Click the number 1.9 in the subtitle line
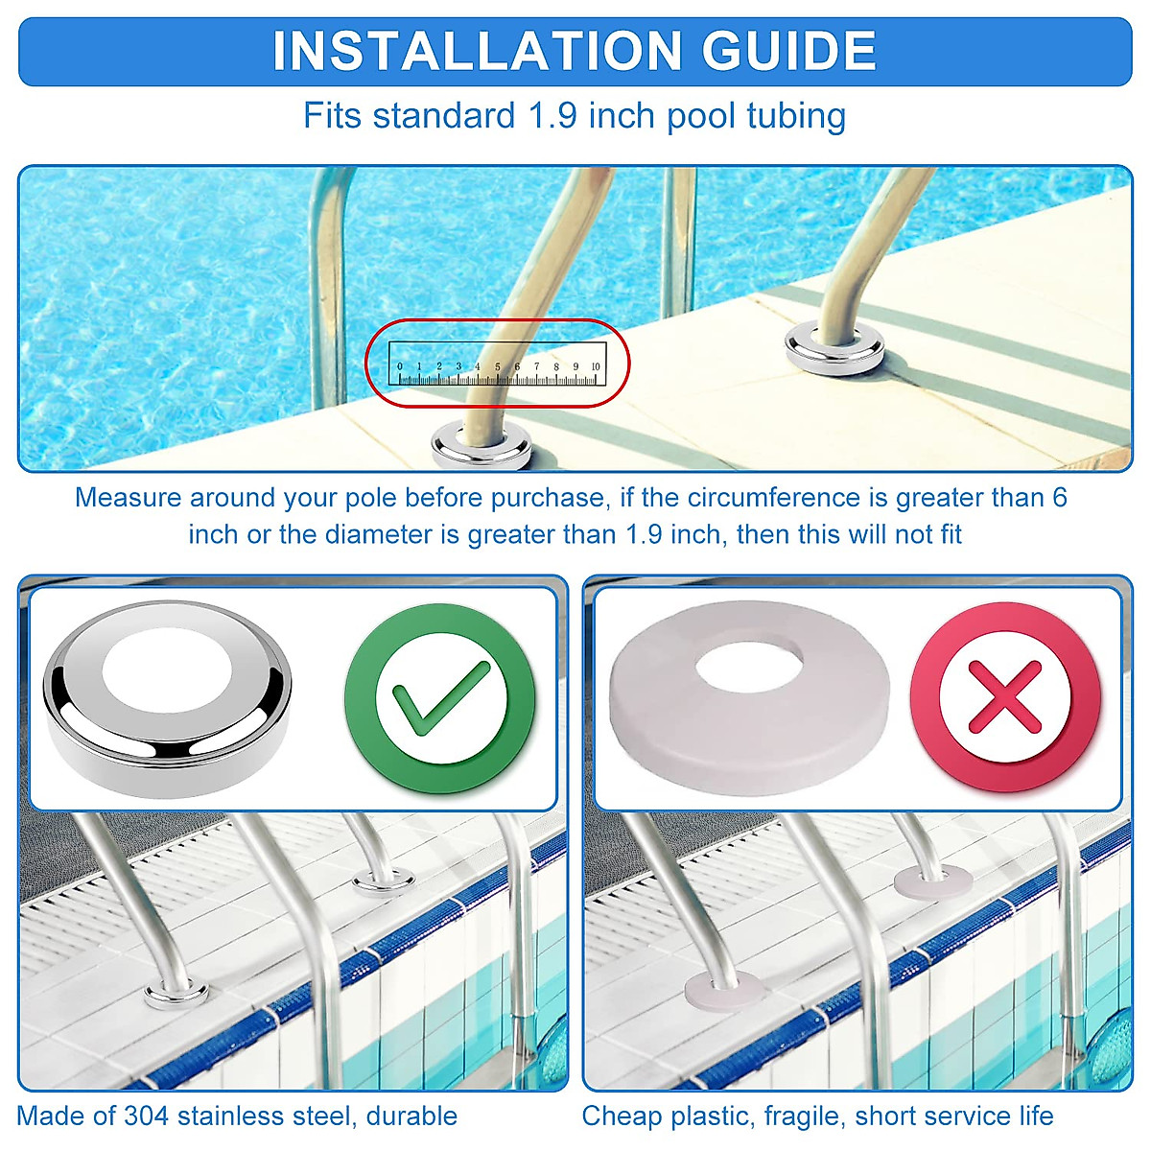553,116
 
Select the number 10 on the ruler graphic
596,366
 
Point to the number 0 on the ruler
400,366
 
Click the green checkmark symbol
438,697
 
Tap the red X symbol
1005,697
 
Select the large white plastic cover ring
749,695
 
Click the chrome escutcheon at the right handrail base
834,345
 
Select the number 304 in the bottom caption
145,1116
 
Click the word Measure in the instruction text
128,498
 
